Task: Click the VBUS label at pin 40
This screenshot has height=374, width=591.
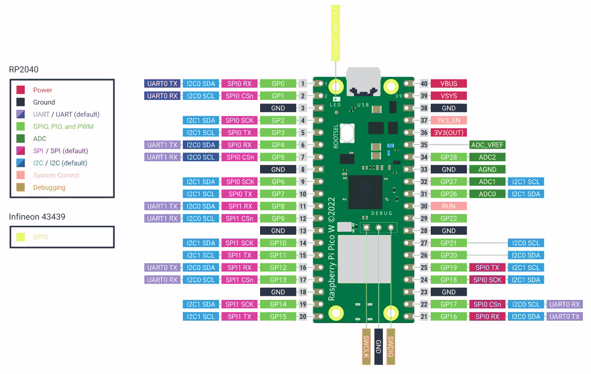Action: tap(448, 84)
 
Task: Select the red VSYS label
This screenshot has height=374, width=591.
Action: tap(448, 96)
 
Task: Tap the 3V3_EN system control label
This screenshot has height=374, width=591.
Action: tap(448, 121)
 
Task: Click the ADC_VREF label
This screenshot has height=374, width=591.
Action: tap(487, 145)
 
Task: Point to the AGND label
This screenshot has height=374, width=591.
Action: tap(487, 169)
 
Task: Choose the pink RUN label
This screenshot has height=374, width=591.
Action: tap(448, 206)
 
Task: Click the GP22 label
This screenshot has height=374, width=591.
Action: tap(448, 219)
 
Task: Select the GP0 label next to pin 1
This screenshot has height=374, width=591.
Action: tap(278, 84)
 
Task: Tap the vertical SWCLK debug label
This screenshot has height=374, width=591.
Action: tap(366, 346)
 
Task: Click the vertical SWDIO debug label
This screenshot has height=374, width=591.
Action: tap(391, 346)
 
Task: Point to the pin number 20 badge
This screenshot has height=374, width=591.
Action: tap(302, 317)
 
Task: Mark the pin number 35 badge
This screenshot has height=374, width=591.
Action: tap(424, 145)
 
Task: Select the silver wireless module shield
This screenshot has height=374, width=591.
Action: tap(364, 259)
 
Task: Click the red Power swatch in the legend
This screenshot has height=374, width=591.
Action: tap(21, 90)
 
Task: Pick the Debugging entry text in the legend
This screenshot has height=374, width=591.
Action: tap(49, 187)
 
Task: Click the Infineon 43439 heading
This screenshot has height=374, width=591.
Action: tap(37, 217)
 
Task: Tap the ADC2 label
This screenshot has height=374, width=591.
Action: tap(487, 157)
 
